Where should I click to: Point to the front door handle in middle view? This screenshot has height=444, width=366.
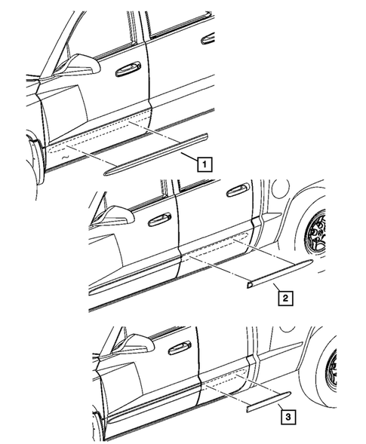[158, 219]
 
